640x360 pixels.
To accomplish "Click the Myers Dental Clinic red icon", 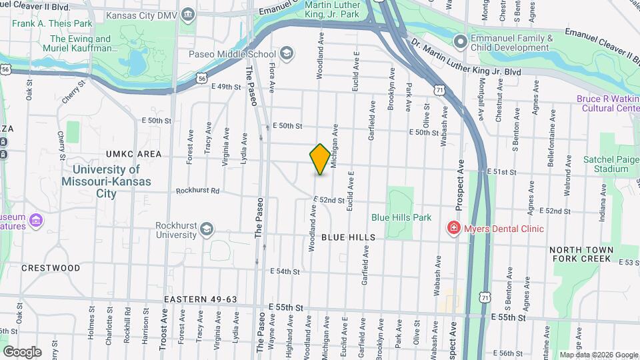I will (454, 229).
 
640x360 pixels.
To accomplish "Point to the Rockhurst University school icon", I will (207, 230).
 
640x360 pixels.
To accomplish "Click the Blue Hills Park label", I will (401, 217).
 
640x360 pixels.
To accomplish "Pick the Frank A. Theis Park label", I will (52, 23).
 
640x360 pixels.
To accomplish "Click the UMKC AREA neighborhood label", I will (133, 154).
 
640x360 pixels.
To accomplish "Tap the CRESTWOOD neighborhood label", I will (51, 268).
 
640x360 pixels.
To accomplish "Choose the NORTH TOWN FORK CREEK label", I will (581, 254).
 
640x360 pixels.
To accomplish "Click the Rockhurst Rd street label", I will (197, 191).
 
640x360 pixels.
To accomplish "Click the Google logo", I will (22, 352).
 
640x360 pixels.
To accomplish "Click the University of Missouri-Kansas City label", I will (107, 181).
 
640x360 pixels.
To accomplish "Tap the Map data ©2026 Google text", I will (598, 355).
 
